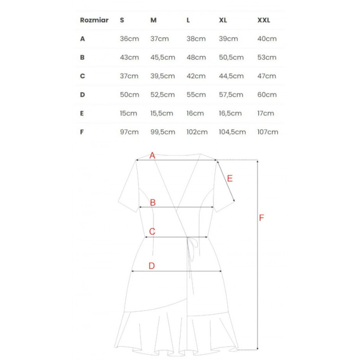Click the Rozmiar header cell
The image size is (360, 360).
94,20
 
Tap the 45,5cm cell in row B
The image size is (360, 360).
162,58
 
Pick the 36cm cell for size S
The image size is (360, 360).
129,39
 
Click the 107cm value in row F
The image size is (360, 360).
268,132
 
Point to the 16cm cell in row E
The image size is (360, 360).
195,113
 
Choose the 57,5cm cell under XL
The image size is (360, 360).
231,94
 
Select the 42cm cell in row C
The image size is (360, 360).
196,76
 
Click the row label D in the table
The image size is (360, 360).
82,94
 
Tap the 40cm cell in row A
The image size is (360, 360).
267,39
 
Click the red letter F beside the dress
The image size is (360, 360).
261,218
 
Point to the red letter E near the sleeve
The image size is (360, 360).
229,178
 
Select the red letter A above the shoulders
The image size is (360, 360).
152,155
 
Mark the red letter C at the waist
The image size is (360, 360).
152,232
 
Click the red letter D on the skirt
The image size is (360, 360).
152,266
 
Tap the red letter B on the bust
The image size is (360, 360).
153,202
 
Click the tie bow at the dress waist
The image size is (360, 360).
193,246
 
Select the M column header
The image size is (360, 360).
153,20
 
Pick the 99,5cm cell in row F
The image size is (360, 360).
162,132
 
